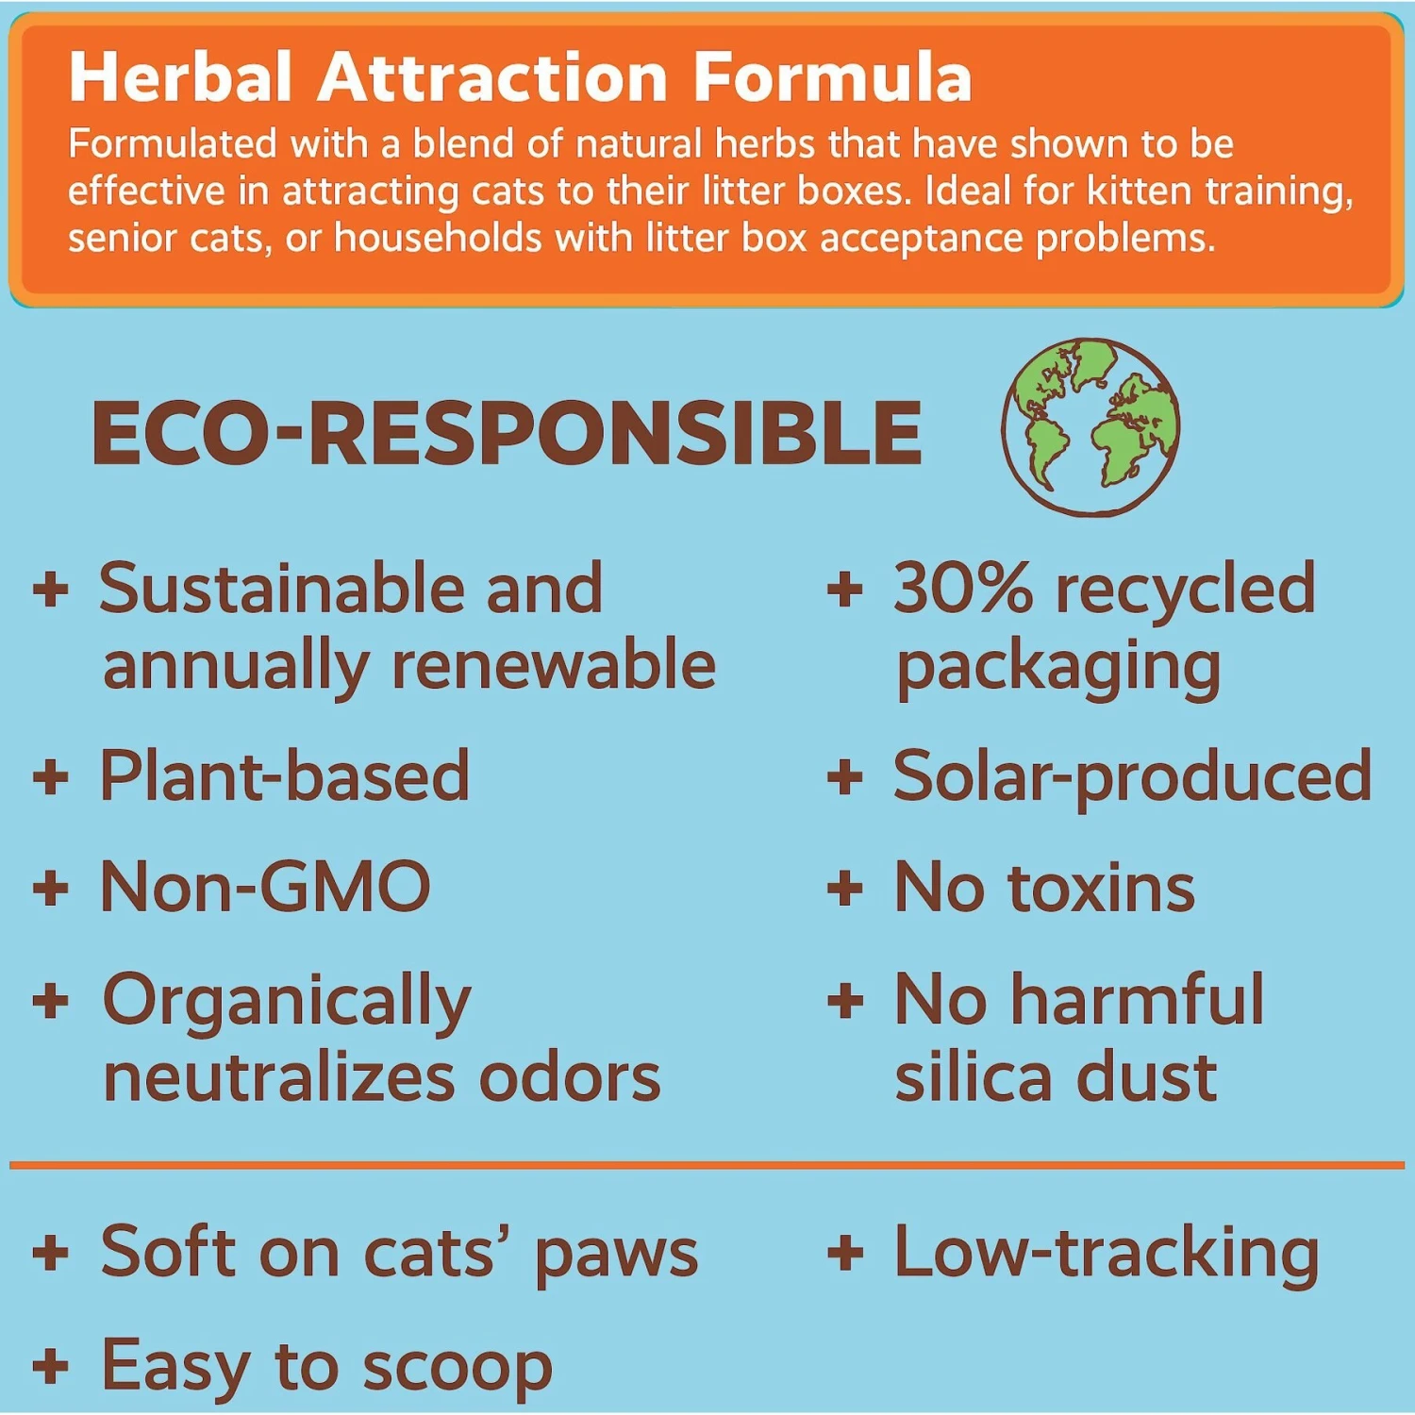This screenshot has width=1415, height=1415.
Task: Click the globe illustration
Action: (x=1090, y=426)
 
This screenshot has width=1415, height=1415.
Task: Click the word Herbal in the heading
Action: (x=180, y=77)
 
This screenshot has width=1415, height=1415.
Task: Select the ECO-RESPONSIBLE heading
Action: (x=507, y=434)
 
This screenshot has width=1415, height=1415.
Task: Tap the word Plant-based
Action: (x=285, y=776)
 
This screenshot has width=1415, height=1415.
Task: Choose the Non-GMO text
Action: (x=265, y=888)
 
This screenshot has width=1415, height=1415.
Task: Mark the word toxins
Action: (x=1101, y=888)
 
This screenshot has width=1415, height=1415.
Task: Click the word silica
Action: (x=973, y=1077)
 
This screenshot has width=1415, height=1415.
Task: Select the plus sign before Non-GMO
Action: (x=51, y=888)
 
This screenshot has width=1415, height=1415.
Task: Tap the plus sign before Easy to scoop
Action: (x=51, y=1366)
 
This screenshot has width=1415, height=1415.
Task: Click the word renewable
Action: (x=554, y=665)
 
